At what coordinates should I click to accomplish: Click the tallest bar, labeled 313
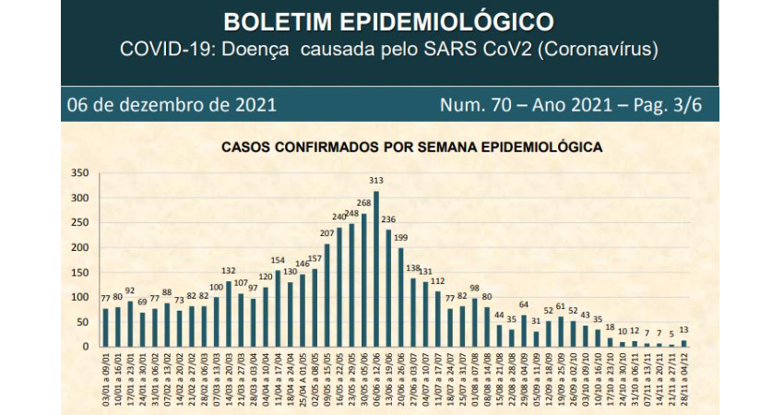point(376,268)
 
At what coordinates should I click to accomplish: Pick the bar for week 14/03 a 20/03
point(229,314)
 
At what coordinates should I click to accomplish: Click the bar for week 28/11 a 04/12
point(683,343)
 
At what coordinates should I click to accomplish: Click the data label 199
point(401,238)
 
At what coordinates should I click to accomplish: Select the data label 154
point(278,260)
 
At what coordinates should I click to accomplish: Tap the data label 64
point(524,305)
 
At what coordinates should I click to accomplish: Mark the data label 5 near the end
point(671,335)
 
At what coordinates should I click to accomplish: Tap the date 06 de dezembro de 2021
point(172,104)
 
